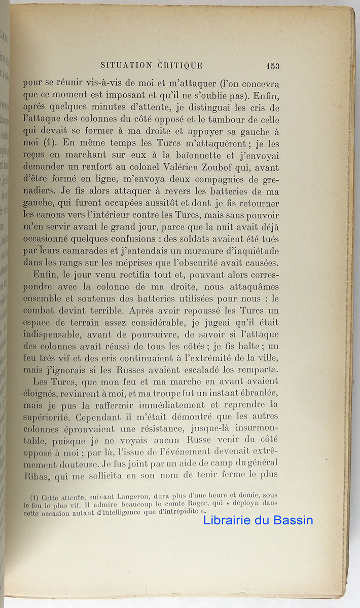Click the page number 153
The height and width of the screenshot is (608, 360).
272,66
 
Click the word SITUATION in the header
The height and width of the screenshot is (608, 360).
125,65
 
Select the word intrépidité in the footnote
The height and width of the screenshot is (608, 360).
171,512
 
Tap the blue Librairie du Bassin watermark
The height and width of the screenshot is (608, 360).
258,520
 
